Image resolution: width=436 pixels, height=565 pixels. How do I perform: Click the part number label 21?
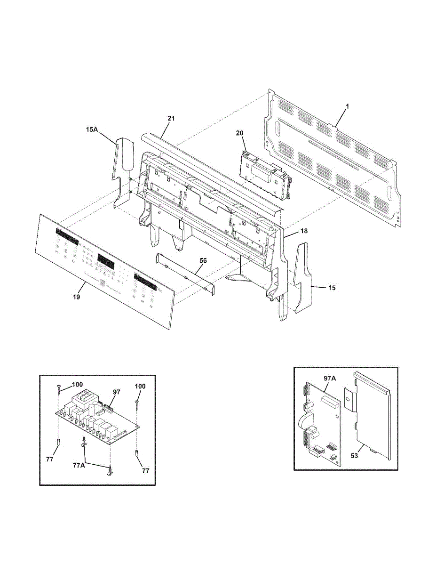pyautogui.click(x=171, y=119)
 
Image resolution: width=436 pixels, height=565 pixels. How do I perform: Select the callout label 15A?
pyautogui.click(x=92, y=129)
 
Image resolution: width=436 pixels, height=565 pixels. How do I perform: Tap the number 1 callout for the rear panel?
pyautogui.click(x=347, y=107)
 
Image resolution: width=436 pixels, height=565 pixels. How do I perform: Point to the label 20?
pyautogui.click(x=239, y=134)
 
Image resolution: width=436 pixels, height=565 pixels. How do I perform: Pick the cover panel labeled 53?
pyautogui.click(x=374, y=414)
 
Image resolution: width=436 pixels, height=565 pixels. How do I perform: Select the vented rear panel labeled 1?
pyautogui.click(x=334, y=155)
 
